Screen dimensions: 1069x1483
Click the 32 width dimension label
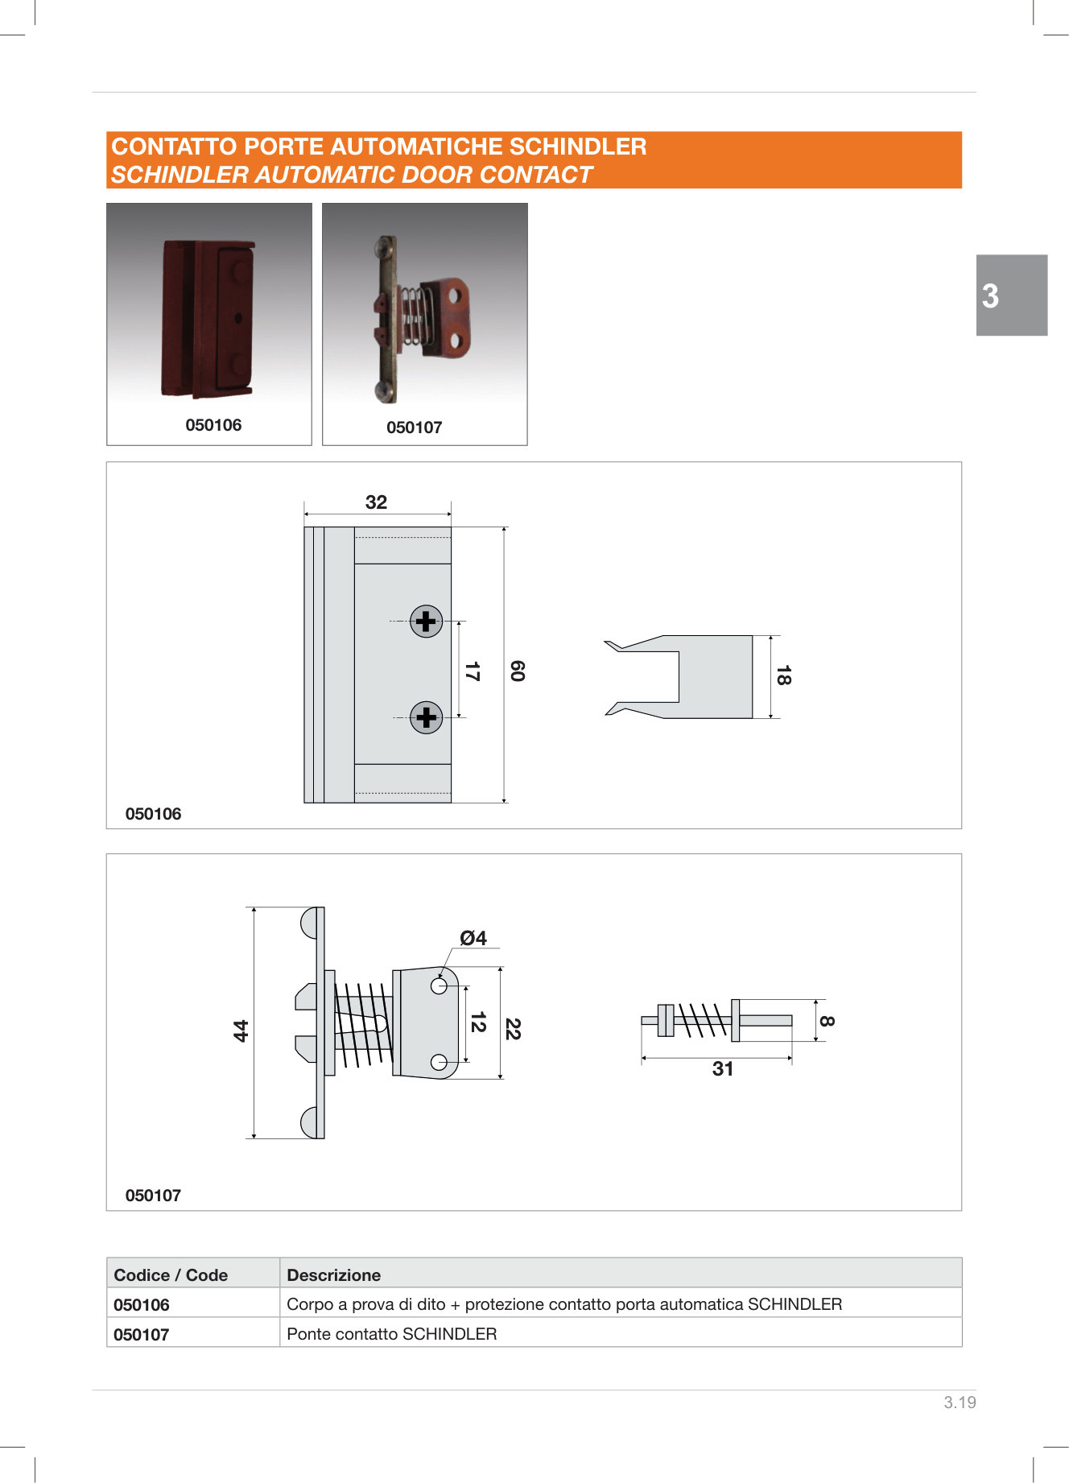376,502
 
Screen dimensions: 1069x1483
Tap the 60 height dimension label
518,671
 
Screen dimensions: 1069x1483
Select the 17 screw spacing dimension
473,671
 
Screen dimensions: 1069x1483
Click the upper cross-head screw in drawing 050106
426,622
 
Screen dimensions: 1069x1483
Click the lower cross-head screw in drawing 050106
426,717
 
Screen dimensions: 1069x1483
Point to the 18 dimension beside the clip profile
783,675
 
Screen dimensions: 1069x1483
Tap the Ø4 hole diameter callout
473,938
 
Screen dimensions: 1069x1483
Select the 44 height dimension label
241,1031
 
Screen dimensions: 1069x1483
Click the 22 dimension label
513,1029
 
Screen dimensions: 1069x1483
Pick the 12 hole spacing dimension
478,1022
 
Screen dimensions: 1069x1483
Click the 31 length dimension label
723,1069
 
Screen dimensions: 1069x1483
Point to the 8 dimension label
827,1021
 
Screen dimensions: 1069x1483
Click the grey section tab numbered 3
1012,295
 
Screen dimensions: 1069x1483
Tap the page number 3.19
960,1402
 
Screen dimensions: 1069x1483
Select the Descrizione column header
334,1275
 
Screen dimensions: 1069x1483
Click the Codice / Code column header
171,1275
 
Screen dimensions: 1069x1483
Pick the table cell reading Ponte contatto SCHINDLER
392,1334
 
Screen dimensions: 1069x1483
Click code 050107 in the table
142,1335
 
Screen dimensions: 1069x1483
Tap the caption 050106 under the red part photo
213,425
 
